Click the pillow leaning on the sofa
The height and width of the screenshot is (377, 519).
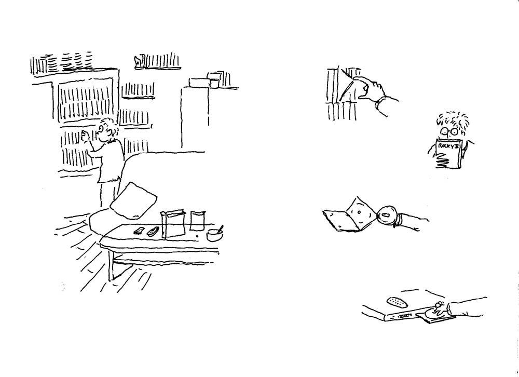133,201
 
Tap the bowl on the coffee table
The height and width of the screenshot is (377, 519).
214,235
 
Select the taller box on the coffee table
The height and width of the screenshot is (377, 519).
172,224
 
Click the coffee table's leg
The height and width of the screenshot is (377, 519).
111,265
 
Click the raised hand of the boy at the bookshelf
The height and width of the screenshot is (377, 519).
85,136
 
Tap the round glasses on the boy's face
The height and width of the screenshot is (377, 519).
449,131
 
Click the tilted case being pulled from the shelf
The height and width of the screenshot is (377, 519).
346,86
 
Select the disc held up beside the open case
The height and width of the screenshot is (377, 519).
387,216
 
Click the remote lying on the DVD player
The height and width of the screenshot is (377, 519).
396,302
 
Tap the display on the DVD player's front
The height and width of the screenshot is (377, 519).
404,317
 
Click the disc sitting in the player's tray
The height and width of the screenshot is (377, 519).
433,313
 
